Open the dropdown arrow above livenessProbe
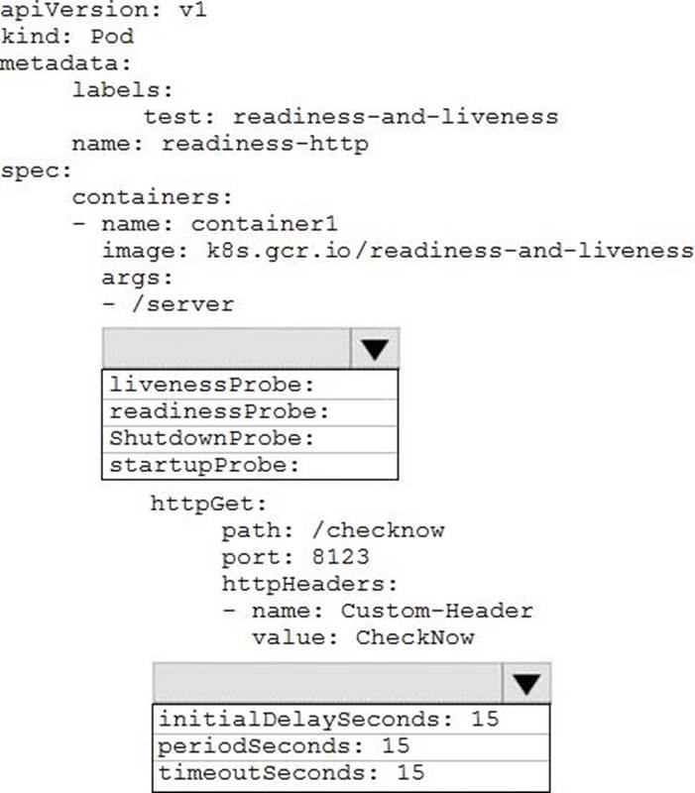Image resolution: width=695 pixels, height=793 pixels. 375,349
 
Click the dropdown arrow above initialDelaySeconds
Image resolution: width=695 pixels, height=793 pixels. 526,683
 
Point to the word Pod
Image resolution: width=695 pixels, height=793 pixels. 112,37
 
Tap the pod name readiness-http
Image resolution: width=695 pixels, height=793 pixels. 265,144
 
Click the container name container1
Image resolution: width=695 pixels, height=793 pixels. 264,224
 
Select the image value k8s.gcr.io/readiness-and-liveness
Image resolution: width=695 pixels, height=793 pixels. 450,251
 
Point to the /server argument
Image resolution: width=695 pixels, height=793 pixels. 182,304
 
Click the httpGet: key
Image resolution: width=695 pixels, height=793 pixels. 208,505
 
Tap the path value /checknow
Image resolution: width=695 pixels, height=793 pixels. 379,530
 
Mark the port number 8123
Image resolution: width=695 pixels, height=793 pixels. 340,557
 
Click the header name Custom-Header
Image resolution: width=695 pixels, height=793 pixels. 437,611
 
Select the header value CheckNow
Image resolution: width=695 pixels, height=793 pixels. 414,637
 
